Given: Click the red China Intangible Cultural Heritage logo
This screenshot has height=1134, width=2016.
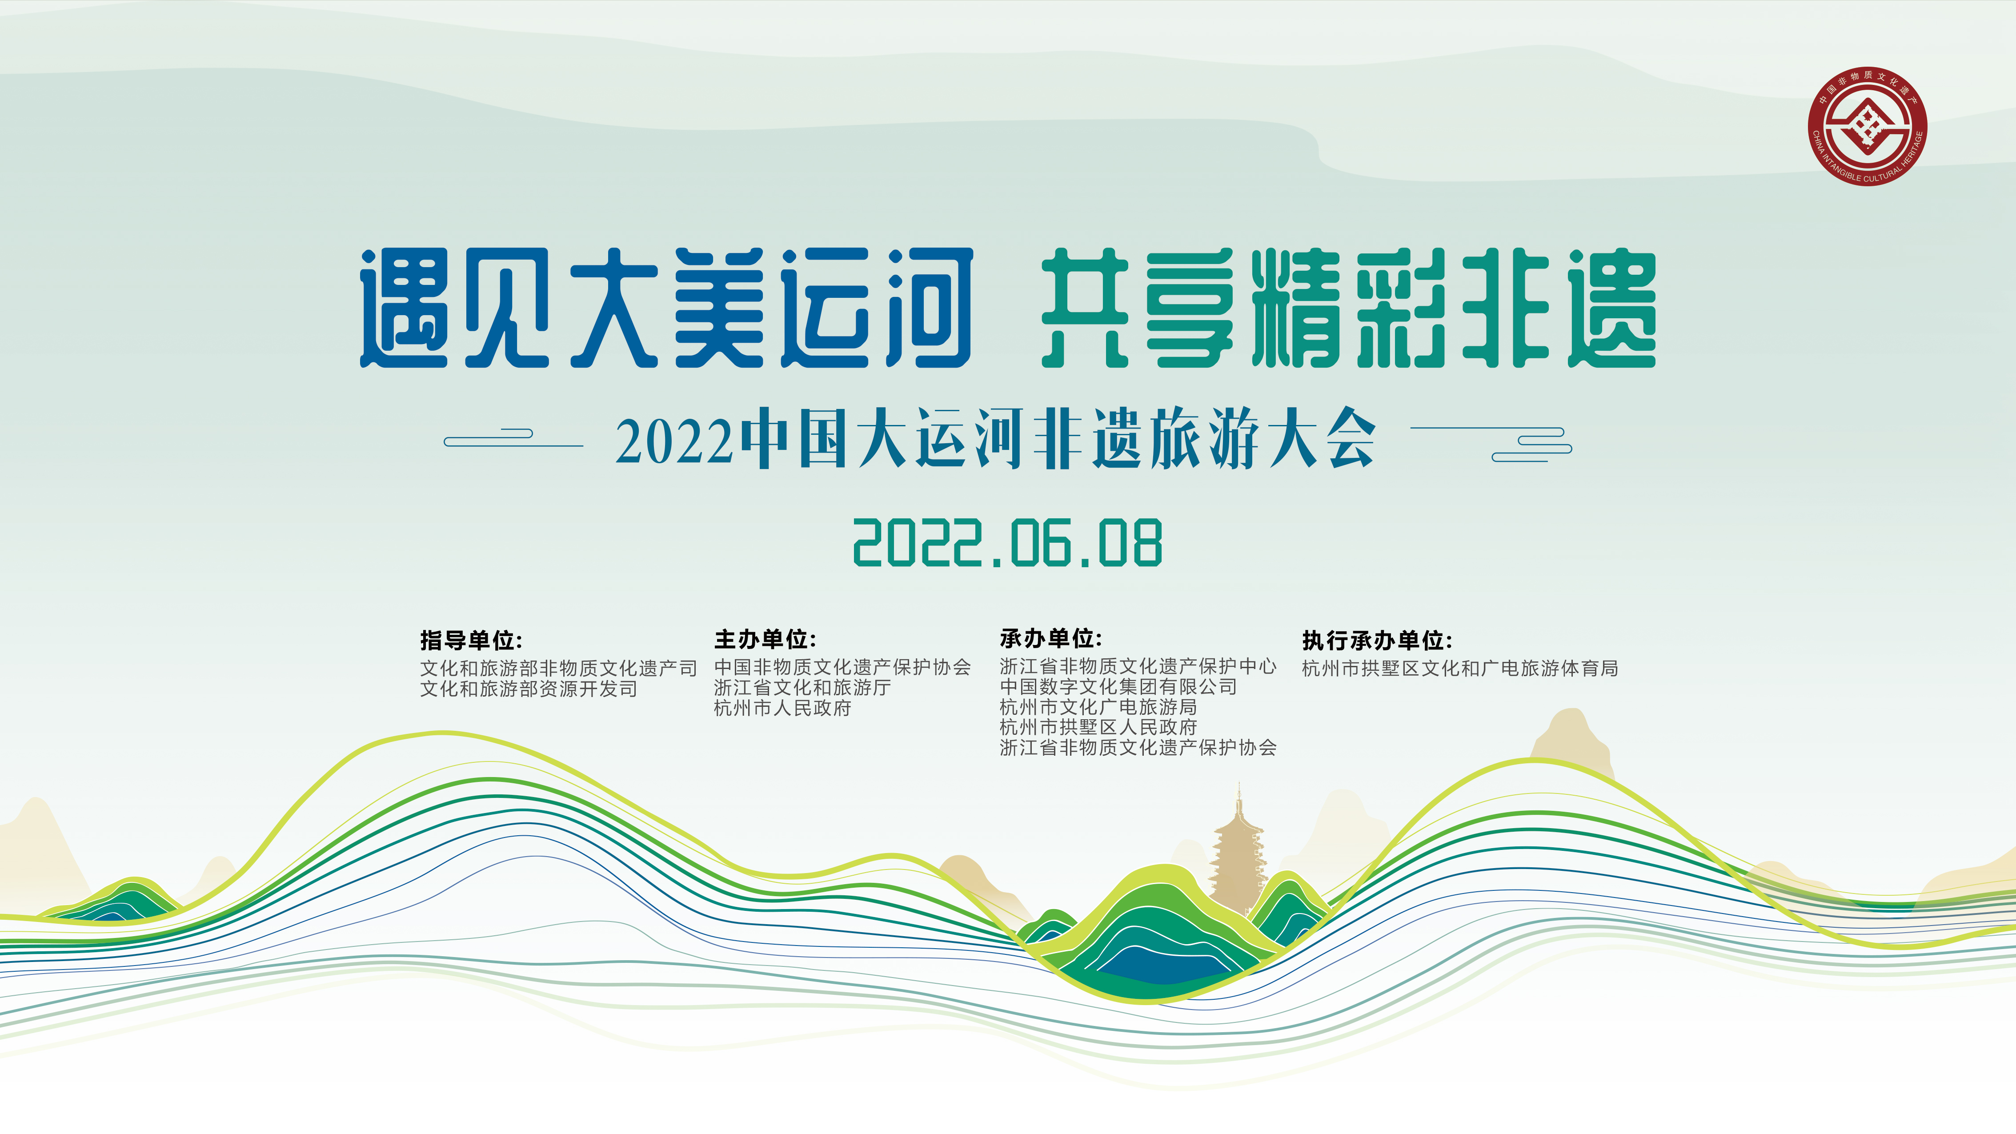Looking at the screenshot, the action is coord(1868,126).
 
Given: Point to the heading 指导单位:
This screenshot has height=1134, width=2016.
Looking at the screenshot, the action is coord(471,640).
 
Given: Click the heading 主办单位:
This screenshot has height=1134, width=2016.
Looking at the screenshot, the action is coord(765,639).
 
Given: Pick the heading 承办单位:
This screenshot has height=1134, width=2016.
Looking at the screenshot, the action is coord(1050,639).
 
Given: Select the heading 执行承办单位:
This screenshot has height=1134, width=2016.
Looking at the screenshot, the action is coord(1377,640).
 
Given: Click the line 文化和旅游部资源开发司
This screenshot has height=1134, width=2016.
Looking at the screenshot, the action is coord(529,689).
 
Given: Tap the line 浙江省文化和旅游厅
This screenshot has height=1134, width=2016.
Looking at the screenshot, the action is coord(802,687).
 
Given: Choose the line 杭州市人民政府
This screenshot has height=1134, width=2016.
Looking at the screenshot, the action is coord(782,708).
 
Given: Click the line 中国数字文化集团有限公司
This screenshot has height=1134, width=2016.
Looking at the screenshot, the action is coord(1118,686).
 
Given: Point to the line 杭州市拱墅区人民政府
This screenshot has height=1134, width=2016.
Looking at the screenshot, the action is coord(1098,727).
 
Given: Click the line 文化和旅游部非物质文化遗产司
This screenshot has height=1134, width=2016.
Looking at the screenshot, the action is coord(558,668).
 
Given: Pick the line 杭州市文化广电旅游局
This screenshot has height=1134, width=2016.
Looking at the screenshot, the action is coord(1098,707).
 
